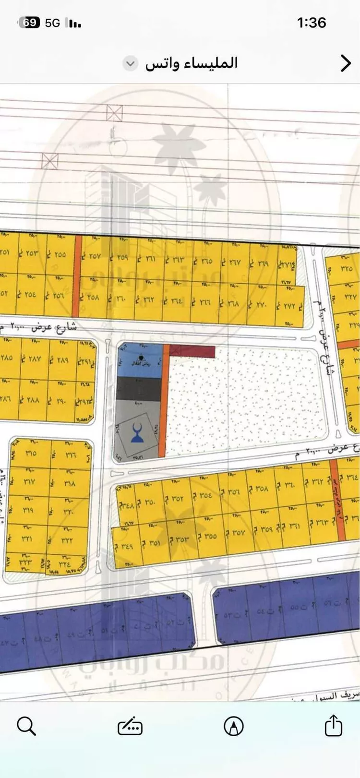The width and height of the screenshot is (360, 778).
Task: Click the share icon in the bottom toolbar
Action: [333, 725]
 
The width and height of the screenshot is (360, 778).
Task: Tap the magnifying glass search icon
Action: [26, 726]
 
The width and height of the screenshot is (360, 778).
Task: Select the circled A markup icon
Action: [233, 726]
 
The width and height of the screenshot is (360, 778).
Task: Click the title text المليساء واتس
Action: [192, 63]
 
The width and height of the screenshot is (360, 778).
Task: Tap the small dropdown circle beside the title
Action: [130, 63]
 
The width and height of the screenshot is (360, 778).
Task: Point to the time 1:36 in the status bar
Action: [312, 23]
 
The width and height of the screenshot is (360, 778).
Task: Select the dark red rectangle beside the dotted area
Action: [192, 351]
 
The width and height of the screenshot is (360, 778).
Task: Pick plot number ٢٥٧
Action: [94, 257]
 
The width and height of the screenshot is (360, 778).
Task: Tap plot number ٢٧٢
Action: [291, 306]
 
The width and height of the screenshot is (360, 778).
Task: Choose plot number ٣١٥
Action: [30, 454]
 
